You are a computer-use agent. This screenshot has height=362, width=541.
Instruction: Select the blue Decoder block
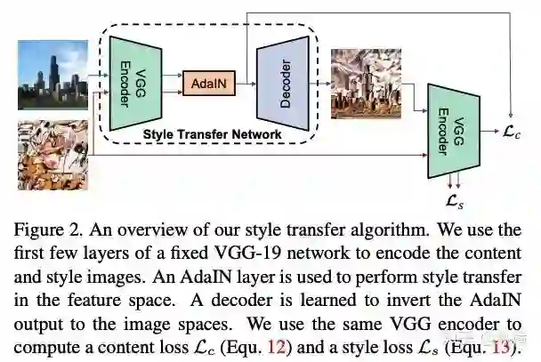click(x=284, y=83)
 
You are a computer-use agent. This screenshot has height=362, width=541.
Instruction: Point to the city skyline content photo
click(x=52, y=74)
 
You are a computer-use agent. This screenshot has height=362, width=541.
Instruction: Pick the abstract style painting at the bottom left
click(x=52, y=155)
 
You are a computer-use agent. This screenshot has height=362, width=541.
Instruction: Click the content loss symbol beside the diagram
click(x=514, y=133)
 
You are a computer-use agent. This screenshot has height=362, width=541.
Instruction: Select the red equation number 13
click(x=500, y=344)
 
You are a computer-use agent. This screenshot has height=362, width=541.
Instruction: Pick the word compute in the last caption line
click(x=49, y=344)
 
